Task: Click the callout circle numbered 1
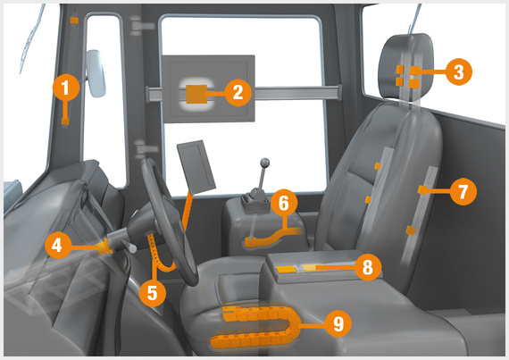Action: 66,88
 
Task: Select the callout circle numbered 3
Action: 456,72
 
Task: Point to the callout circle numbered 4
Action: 57,243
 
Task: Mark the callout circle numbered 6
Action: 283,204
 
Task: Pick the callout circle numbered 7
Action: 462,190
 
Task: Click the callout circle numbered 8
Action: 366,265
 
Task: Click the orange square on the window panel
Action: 196,92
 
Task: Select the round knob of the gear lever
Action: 263,163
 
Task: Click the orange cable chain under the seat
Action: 250,325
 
